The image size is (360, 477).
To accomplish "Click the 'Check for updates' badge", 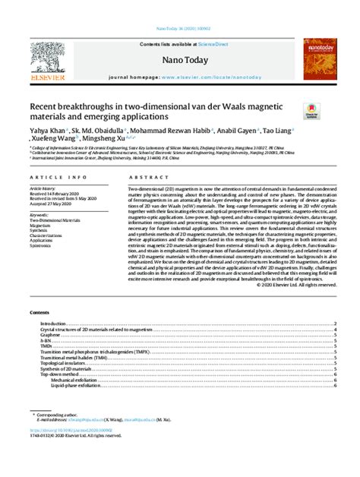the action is coord(311,111).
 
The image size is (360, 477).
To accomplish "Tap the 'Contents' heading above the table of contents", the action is coord(39,312).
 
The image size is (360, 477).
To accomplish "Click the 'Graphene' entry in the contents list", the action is coord(51,334).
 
